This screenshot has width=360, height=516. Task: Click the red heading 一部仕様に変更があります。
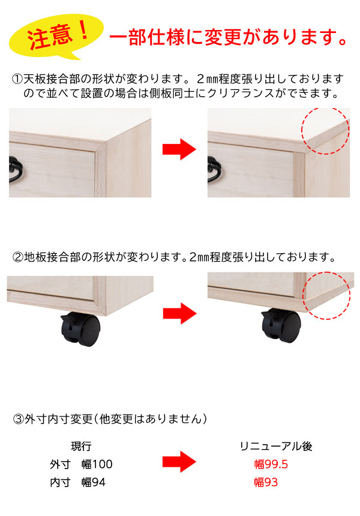coord(228,38)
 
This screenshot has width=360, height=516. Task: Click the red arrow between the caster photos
coord(179,313)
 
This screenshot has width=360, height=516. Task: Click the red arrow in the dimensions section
coord(179,463)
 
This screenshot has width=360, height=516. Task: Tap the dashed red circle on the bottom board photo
coord(326,295)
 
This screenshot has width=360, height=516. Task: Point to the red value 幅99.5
coord(271,464)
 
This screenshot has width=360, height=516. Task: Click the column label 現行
coord(81,446)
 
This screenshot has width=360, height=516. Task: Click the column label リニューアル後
coord(275,446)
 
